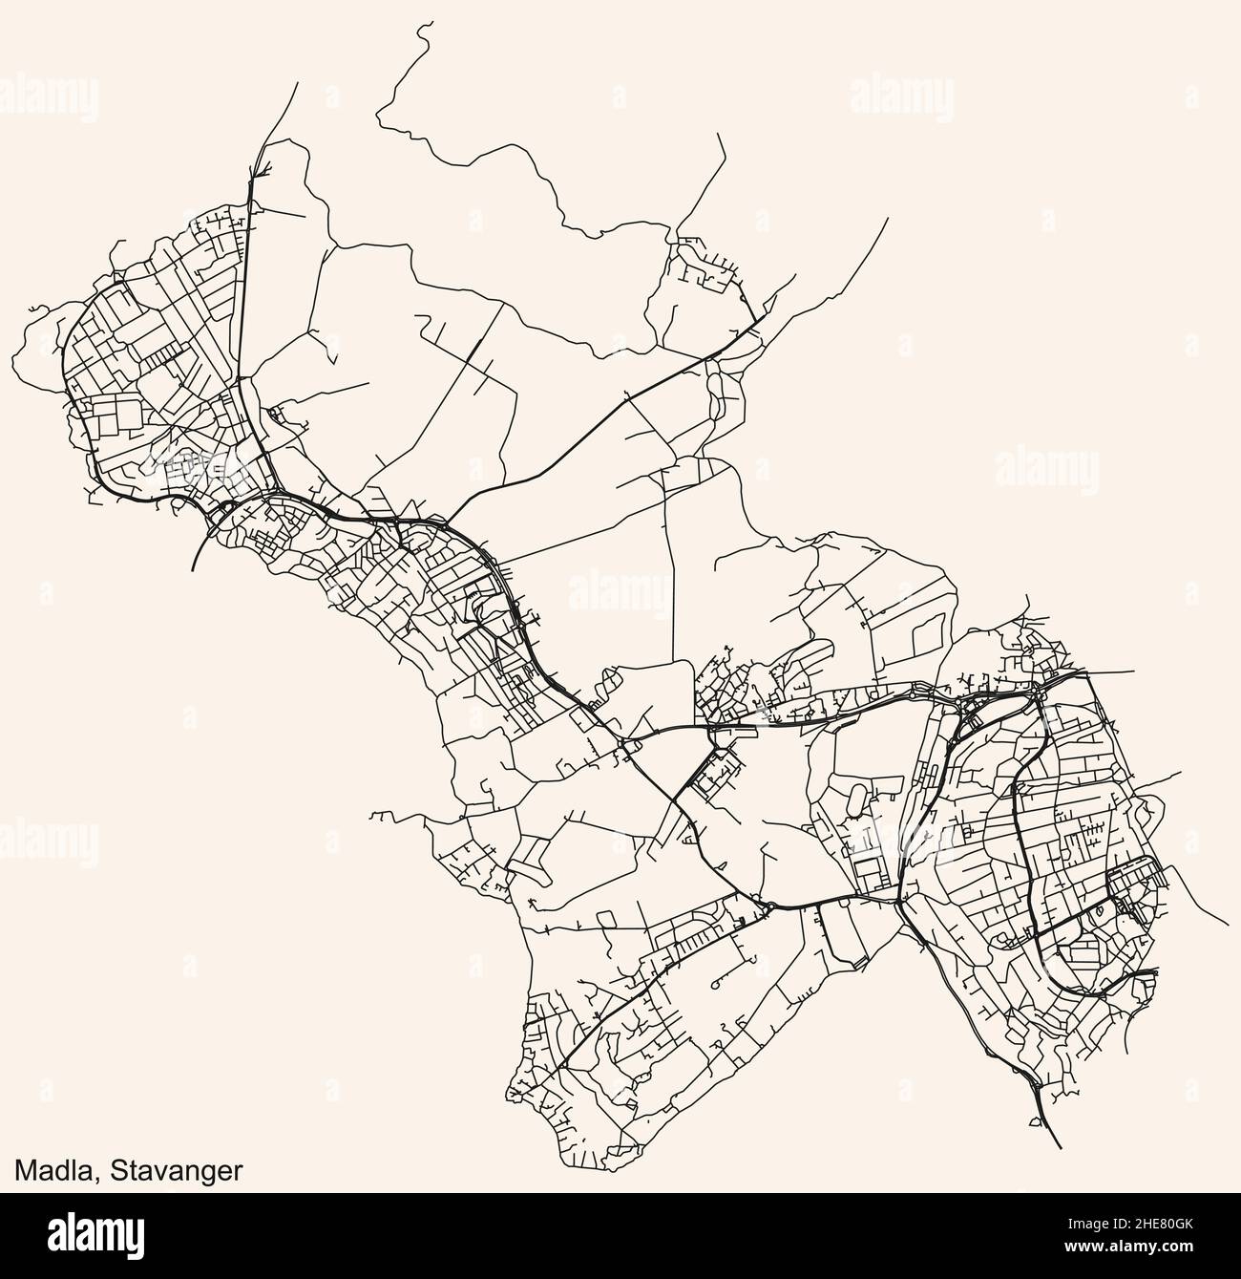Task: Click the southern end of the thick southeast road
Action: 1061,1147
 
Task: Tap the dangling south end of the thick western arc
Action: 193,570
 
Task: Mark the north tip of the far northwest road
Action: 297,83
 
